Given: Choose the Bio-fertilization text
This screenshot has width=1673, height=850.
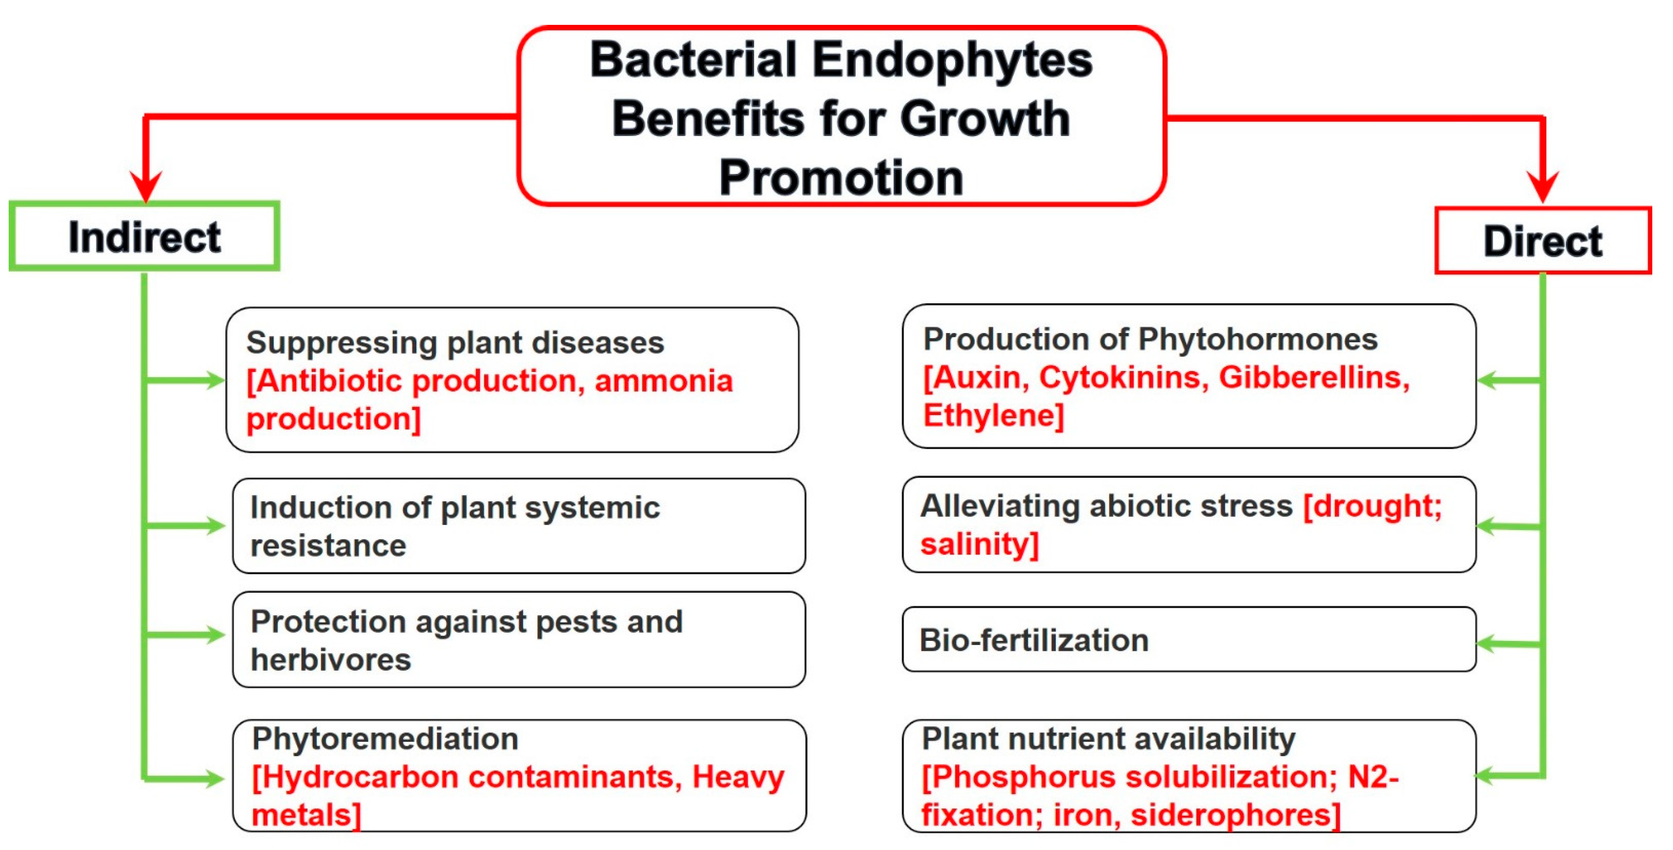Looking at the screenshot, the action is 1034,640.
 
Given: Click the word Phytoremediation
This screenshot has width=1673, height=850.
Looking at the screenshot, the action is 385,739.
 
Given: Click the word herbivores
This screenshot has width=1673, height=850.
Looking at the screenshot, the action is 330,660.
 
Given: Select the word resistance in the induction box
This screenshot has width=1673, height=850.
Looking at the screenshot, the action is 328,546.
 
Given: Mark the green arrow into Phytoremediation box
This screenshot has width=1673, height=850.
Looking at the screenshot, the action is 185,778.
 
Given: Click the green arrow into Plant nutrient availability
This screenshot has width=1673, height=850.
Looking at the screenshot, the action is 1509,775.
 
